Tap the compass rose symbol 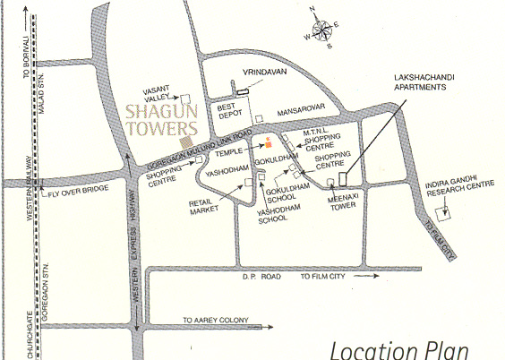pos(321,27)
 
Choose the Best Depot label pos(231,111)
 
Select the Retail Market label pos(203,208)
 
